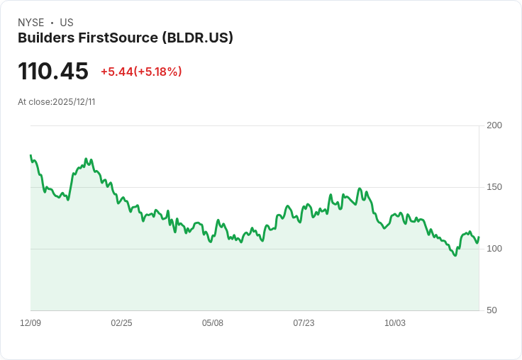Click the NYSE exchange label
click(30, 23)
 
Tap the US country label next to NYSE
click(67, 23)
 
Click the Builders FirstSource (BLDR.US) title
click(126, 38)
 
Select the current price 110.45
click(53, 72)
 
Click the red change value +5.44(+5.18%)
click(141, 72)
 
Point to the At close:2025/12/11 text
click(57, 102)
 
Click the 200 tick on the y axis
click(494, 125)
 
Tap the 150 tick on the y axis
click(494, 187)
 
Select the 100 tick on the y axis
click(494, 249)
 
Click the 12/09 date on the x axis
click(30, 323)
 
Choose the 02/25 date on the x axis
click(121, 323)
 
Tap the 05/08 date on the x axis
click(213, 323)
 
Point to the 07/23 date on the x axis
click(304, 323)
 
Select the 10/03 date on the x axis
click(395, 323)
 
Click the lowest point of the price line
click(455, 255)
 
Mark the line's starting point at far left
click(30, 155)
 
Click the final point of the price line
click(479, 237)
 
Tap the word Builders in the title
click(44, 38)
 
